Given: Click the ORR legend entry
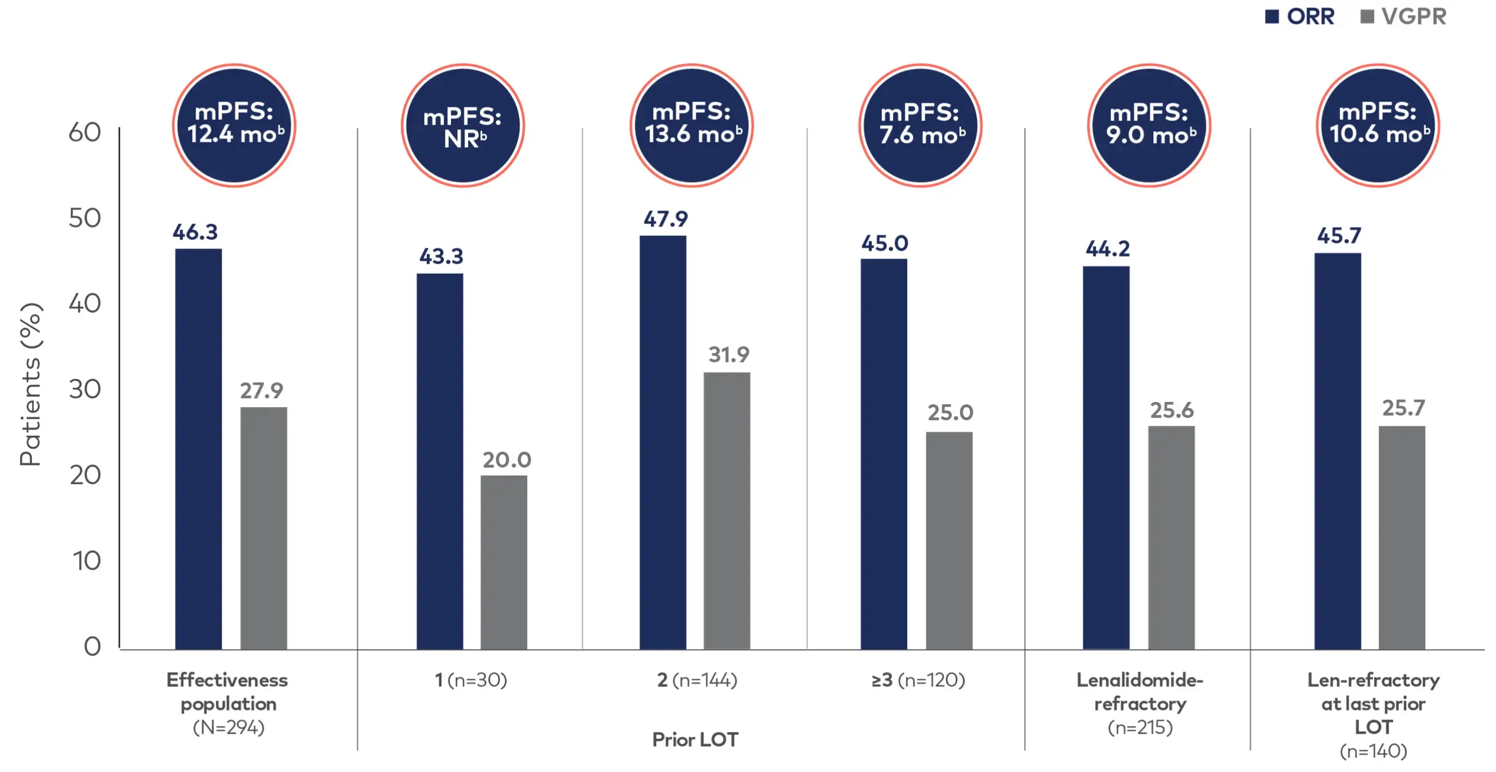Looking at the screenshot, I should [1300, 17].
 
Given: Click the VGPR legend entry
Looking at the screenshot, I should [1404, 17].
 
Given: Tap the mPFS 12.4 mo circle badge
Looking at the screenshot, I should [234, 125].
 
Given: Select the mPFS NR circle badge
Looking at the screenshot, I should [463, 125].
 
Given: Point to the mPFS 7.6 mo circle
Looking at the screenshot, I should [920, 125].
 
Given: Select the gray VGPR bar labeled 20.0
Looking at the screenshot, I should [504, 562].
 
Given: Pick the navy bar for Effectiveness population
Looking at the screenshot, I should [198, 449].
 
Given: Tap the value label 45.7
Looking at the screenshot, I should [1339, 236].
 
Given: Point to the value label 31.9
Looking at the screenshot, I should [728, 355].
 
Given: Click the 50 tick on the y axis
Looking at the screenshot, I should [85, 218].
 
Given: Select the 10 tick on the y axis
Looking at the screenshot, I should [86, 560].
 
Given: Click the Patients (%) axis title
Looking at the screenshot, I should [30, 384].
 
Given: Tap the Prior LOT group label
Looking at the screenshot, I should [695, 739].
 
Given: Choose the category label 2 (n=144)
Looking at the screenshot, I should [697, 680].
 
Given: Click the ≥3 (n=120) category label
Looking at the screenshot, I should [918, 680].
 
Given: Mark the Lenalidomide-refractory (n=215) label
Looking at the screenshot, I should [1140, 703].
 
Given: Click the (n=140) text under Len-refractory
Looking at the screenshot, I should [1373, 751].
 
